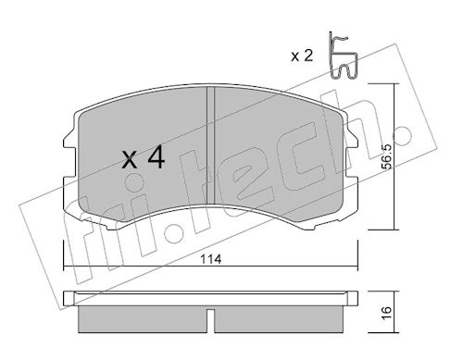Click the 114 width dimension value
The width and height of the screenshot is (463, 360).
[x=211, y=259]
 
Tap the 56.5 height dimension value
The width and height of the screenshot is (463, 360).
[x=386, y=156]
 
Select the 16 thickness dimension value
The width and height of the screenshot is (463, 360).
[x=386, y=313]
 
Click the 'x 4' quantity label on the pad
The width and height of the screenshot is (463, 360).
[x=144, y=158]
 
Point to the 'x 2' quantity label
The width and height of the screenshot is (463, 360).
[x=302, y=56]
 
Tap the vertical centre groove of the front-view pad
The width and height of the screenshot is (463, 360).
[x=210, y=145]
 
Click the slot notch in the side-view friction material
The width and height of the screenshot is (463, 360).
[x=210, y=321]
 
